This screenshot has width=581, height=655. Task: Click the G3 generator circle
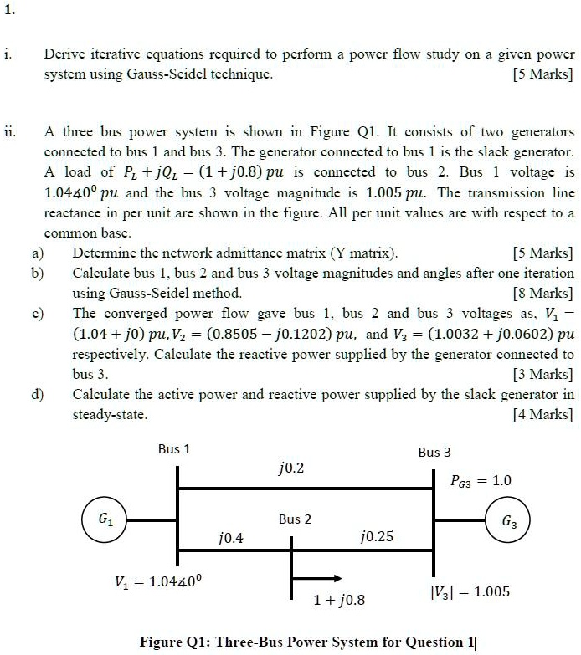click(x=509, y=519)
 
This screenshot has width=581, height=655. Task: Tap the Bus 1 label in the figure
click(x=174, y=449)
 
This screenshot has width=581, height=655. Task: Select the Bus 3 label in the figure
click(x=434, y=453)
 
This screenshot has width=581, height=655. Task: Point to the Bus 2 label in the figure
click(x=295, y=519)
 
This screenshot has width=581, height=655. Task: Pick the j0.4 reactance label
click(x=230, y=538)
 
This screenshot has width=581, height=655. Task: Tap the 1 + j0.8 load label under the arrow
click(x=339, y=600)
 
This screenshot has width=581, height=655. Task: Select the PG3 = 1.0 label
click(x=481, y=480)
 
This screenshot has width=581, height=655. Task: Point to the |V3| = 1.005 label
click(x=469, y=591)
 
